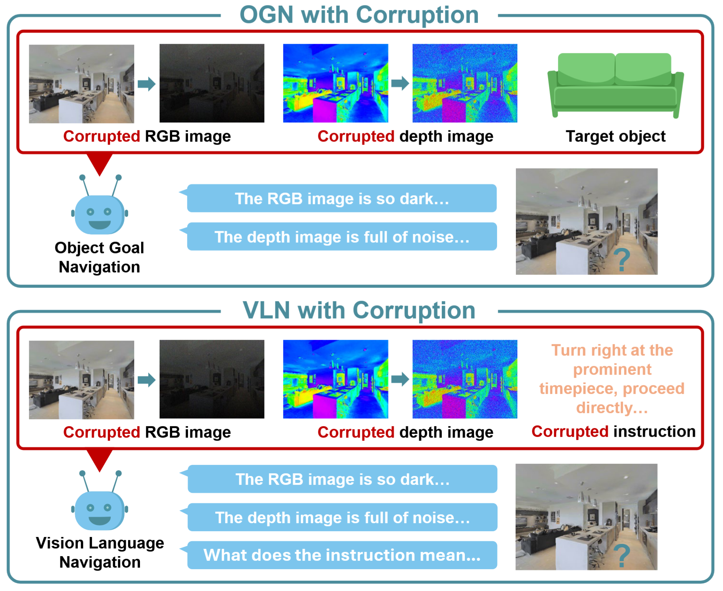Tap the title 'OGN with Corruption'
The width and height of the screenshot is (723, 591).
[359, 15]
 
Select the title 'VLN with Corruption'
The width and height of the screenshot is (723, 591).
[359, 310]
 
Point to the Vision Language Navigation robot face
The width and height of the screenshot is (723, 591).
[99, 510]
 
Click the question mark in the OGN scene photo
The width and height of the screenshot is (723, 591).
[621, 260]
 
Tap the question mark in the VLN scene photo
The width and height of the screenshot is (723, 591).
[621, 556]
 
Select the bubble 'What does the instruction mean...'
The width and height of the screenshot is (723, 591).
[342, 555]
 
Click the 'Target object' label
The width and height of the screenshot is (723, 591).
[615, 137]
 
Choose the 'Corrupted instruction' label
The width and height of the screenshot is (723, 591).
[613, 432]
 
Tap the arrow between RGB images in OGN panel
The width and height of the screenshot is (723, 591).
[146, 84]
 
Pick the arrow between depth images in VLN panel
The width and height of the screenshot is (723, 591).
[400, 379]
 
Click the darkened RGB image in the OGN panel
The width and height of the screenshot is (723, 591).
[212, 83]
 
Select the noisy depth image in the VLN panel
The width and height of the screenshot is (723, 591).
[464, 379]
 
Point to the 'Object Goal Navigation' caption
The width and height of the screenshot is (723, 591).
[99, 257]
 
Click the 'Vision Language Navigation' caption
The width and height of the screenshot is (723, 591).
[100, 553]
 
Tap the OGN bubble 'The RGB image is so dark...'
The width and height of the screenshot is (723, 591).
[342, 198]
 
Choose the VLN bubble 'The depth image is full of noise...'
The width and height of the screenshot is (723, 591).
[343, 517]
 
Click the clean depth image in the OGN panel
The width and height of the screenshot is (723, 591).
[335, 83]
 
